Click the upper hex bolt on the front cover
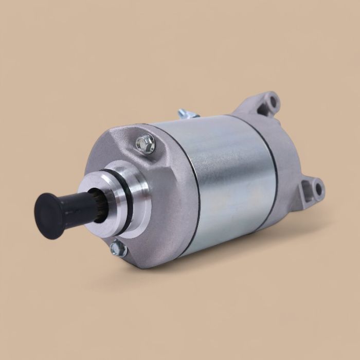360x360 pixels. (x=147, y=143)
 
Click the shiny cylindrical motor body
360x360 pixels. (x=231, y=175)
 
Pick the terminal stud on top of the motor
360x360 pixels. (x=185, y=114)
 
